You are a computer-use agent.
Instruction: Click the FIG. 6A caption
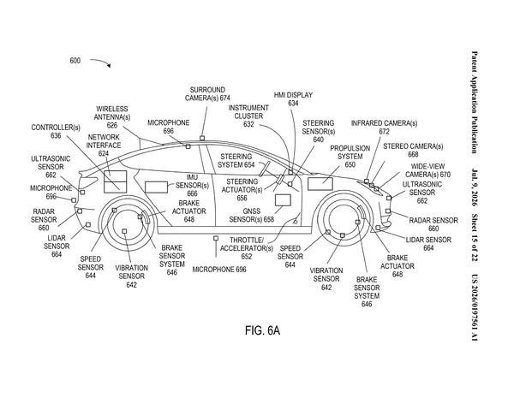[x=262, y=330]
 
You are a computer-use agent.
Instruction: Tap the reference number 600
[x=75, y=61]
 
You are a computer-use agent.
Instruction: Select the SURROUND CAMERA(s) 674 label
[x=207, y=93]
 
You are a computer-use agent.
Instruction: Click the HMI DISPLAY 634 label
[x=293, y=99]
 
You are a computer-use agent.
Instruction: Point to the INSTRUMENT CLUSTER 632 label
[x=248, y=116]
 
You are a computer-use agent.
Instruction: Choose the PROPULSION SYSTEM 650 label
[x=350, y=157]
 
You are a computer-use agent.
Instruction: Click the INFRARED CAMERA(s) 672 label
[x=384, y=127]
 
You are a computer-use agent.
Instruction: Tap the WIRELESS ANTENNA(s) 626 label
[x=112, y=117]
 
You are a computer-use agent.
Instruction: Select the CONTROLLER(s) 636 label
[x=56, y=131]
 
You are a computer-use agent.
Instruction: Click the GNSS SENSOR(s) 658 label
[x=251, y=215]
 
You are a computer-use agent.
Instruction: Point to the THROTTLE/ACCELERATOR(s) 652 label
[x=247, y=248]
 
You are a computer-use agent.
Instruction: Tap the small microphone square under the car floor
[x=216, y=238]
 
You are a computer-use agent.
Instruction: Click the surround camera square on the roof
[x=202, y=139]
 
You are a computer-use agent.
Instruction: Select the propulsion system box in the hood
[x=320, y=183]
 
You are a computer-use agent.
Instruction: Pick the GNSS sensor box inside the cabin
[x=283, y=200]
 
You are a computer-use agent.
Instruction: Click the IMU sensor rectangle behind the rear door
[x=157, y=187]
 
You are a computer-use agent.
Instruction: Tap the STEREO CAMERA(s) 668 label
[x=413, y=150]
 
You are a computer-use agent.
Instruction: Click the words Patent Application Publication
[x=475, y=102]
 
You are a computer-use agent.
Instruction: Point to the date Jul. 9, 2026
[x=475, y=187]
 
